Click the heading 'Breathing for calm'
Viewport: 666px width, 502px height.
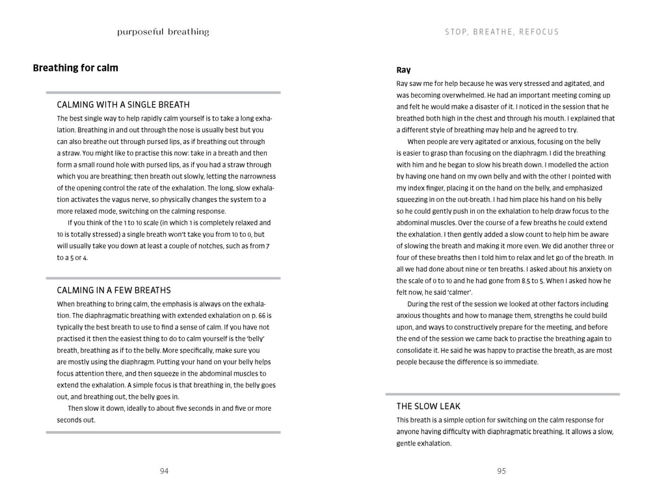tap(75, 68)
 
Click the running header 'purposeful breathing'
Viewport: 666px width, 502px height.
tap(163, 32)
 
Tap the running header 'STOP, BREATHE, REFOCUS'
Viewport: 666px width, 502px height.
tap(501, 32)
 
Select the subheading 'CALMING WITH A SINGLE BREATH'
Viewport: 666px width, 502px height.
tap(124, 104)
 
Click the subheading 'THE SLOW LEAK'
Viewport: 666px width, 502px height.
tap(429, 406)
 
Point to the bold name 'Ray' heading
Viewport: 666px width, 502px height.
tap(404, 70)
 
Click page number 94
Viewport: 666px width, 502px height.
tap(164, 471)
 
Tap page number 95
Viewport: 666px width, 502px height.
tap(501, 471)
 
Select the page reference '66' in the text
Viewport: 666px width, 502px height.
tap(263, 315)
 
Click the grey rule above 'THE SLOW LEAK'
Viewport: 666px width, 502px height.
tap(502, 394)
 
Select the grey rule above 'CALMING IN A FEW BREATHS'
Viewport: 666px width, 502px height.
tap(163, 278)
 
